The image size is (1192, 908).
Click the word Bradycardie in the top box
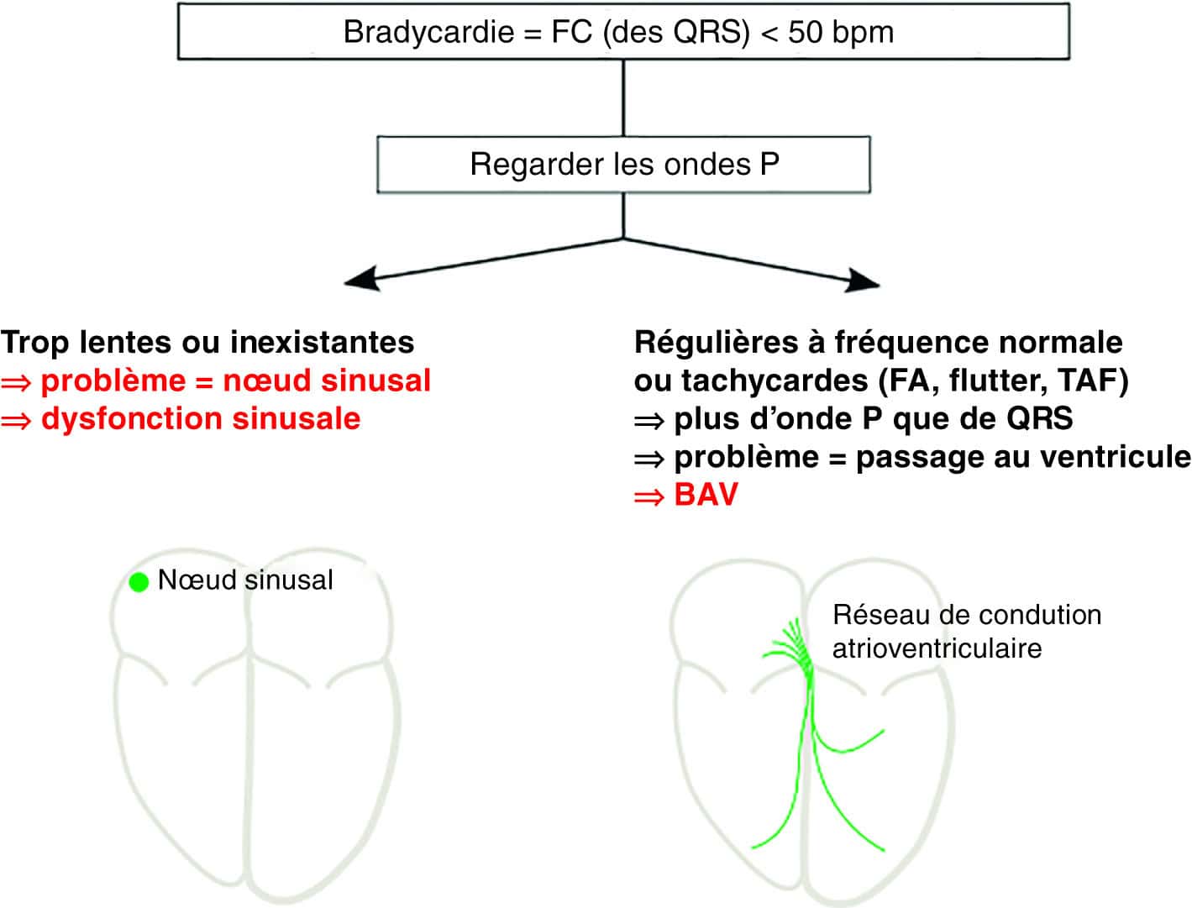point(428,31)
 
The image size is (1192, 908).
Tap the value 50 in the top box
point(806,32)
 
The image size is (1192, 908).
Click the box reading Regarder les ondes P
point(623,164)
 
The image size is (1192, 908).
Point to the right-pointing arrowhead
point(863,281)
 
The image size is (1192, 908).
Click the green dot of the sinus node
point(139,581)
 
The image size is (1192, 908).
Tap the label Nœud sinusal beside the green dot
point(245,580)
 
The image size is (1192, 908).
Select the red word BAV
point(706,494)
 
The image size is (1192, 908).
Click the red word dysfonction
point(132,418)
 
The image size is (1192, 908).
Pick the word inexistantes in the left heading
point(322,342)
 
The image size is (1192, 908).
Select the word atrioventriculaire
point(937,648)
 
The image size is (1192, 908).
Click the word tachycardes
point(775,381)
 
